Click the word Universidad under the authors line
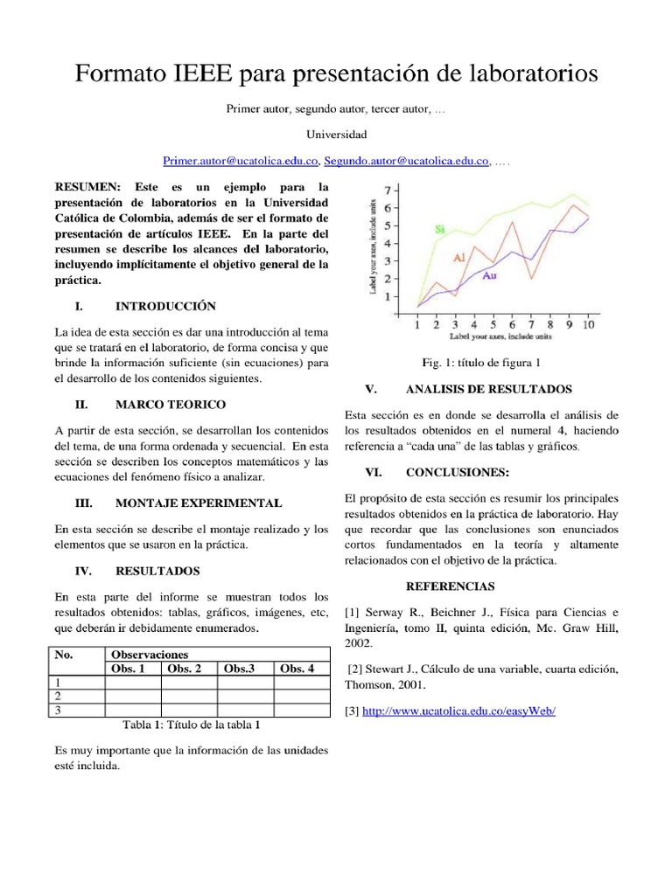pos(336,135)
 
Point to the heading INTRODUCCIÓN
pos(165,307)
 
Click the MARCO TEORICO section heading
pos(170,405)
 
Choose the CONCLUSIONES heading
pos(458,472)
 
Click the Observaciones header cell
pos(149,655)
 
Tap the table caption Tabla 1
pos(192,725)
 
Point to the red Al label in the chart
pos(459,259)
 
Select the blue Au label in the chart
pos(490,276)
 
